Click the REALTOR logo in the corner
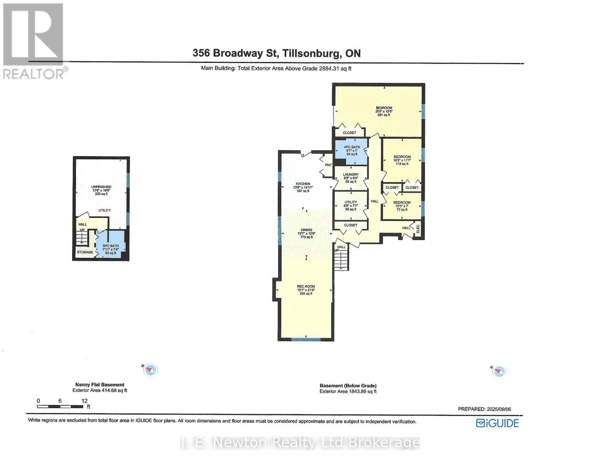34,41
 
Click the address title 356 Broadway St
276,53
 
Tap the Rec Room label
306,290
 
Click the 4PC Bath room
352,150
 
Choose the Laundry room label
351,178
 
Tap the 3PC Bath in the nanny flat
111,249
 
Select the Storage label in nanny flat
85,252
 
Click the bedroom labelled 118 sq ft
402,160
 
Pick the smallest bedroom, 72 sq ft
402,206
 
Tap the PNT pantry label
328,165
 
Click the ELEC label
418,229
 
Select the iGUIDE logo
497,423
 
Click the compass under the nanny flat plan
150,370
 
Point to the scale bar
60,407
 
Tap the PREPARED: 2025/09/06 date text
484,409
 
